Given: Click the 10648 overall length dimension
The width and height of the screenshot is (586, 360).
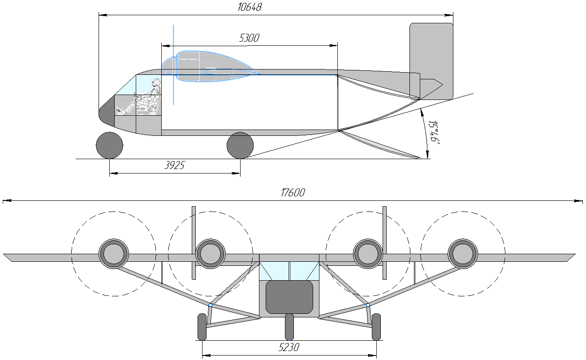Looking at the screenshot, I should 250,7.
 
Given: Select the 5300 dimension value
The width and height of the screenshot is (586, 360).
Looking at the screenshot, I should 249,38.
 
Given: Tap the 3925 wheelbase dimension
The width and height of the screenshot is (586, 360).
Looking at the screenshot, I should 175,165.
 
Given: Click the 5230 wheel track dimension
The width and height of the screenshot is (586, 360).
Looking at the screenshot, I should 289,347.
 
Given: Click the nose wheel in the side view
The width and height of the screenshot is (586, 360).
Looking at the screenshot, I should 109,145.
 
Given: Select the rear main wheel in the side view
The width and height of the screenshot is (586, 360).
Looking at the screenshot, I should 240,145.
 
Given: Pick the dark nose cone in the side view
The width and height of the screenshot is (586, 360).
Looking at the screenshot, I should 106,112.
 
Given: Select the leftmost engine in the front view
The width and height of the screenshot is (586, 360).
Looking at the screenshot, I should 113,254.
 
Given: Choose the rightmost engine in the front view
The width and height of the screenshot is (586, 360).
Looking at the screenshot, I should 463,254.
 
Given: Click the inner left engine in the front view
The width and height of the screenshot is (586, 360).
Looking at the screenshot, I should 210,254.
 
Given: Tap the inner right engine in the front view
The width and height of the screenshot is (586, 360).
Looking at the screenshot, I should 368,254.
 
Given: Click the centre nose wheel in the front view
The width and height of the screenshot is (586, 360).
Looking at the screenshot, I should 289,326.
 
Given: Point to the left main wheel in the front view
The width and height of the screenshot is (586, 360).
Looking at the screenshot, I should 202,326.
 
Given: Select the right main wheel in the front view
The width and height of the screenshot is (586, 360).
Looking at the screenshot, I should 376,326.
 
